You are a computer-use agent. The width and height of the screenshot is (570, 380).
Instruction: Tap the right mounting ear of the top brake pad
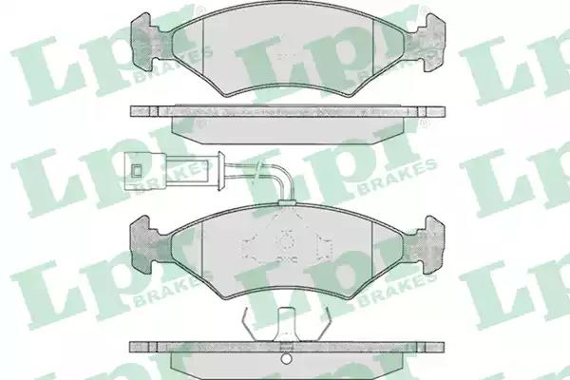coord(429,42)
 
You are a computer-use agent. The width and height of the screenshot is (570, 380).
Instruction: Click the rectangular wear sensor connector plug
coord(145,170)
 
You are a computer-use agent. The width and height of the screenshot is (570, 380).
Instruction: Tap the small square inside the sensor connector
coord(137,170)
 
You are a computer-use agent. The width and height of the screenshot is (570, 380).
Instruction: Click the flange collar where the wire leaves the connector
coord(219,170)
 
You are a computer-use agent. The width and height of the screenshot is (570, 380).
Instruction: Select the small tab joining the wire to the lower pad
coord(287,202)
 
